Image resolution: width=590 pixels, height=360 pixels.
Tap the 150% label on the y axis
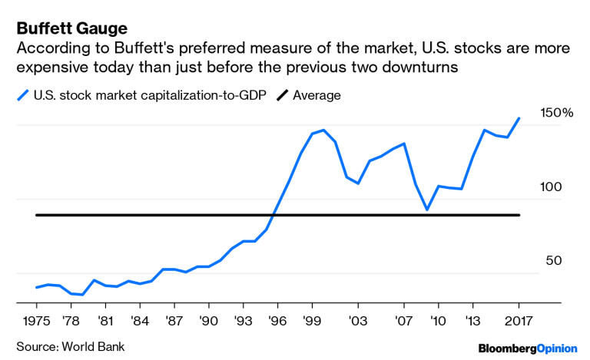coord(557,113)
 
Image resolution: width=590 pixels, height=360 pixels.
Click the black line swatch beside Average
coord(277,95)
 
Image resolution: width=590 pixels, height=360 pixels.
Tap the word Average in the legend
coord(316,95)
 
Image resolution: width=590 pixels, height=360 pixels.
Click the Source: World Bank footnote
coord(70,347)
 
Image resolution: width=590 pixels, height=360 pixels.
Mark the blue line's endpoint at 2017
coord(519,118)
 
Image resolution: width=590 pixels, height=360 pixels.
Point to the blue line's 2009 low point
coord(427,210)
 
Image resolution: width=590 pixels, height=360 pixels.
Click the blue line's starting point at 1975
coord(36,288)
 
